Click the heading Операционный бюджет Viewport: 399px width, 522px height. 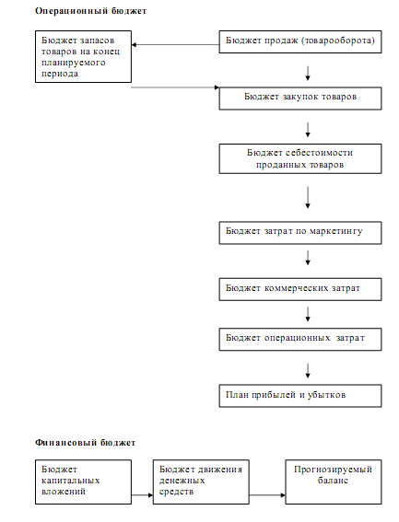click(x=90, y=11)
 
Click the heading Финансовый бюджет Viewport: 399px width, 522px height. click(x=85, y=443)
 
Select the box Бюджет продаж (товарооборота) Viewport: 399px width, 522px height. click(x=300, y=42)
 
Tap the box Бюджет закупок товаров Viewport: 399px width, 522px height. click(x=300, y=99)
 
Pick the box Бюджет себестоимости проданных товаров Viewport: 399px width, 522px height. click(x=300, y=158)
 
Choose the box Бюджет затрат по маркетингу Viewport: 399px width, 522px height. click(x=300, y=233)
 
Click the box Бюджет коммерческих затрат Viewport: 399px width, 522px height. click(x=300, y=289)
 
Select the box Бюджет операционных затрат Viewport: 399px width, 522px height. click(x=300, y=339)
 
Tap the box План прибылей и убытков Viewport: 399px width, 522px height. click(x=300, y=396)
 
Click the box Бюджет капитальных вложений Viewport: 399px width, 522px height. click(x=83, y=481)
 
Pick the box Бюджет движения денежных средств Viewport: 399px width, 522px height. click(x=201, y=481)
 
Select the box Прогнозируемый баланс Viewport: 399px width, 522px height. click(x=334, y=481)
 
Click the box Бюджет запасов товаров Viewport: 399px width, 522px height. click(x=83, y=56)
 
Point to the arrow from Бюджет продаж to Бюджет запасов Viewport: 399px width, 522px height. click(x=175, y=44)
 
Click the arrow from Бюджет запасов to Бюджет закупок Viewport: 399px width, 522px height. click(x=175, y=87)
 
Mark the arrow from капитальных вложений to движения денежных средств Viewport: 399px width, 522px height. click(x=142, y=495)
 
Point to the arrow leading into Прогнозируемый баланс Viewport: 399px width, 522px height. click(x=267, y=495)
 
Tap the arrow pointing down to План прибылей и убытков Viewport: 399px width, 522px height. click(x=308, y=371)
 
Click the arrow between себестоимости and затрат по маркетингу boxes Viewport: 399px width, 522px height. click(x=308, y=197)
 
